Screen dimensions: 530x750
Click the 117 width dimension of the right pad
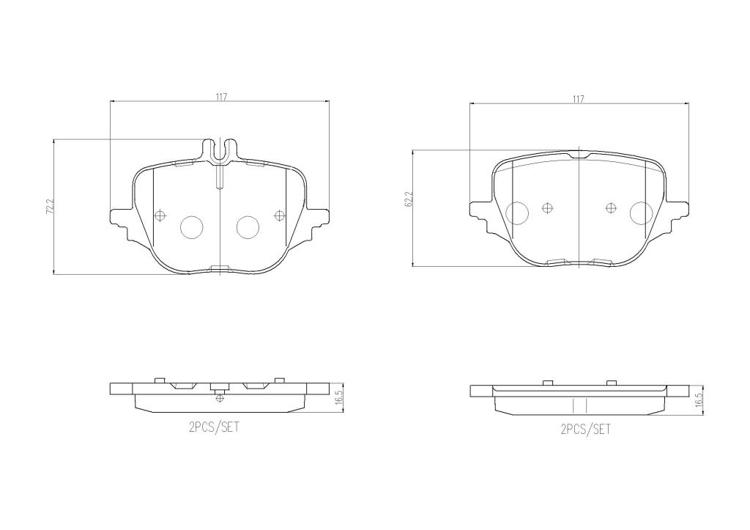point(579,99)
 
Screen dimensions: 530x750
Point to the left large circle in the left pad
point(192,227)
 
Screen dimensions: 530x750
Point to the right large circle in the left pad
point(248,227)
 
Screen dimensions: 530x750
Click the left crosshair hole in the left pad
point(161,215)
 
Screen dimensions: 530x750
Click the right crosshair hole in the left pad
point(278,215)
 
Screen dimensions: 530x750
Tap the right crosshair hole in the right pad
point(610,208)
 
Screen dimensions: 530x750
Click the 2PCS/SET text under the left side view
point(214,427)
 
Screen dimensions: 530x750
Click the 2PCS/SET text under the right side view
point(584,430)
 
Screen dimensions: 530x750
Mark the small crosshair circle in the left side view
point(220,398)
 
